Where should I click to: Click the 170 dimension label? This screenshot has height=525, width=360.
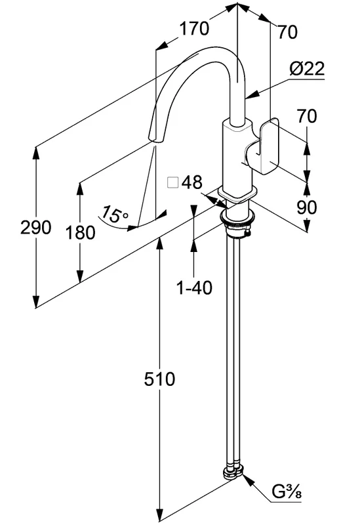(194, 28)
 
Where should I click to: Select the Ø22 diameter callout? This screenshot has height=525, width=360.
(307, 69)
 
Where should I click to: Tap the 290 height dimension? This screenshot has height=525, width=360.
(36, 227)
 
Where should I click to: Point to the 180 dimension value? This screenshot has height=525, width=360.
(80, 232)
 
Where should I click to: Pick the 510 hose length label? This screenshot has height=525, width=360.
(159, 379)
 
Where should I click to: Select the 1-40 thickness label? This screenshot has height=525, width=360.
(194, 287)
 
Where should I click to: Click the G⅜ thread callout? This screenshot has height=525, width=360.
(287, 492)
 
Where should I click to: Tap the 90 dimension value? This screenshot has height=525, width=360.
(306, 207)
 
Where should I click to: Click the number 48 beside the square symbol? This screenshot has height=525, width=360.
(192, 182)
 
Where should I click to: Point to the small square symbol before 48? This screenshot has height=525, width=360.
(172, 183)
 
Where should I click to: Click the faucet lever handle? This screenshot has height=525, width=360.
(264, 146)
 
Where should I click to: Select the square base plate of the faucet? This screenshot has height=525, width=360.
(238, 194)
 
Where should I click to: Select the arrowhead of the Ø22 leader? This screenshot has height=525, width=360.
(252, 95)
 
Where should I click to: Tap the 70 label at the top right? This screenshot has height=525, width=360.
(287, 32)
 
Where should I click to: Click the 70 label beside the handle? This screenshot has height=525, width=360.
(306, 116)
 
